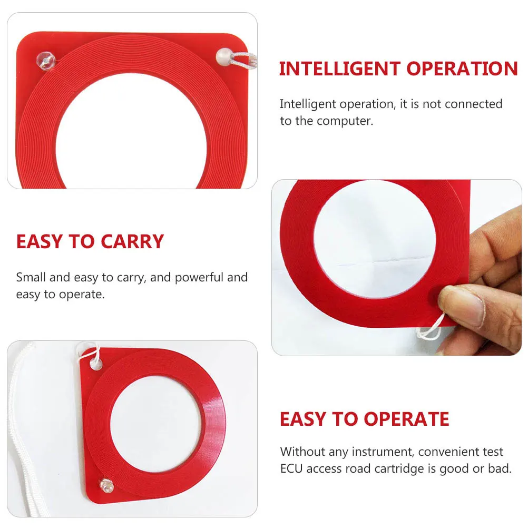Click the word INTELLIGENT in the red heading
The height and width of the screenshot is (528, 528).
coord(340,69)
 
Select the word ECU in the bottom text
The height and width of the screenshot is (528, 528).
coord(291,468)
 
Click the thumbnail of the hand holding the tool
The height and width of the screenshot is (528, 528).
coord(396,267)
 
